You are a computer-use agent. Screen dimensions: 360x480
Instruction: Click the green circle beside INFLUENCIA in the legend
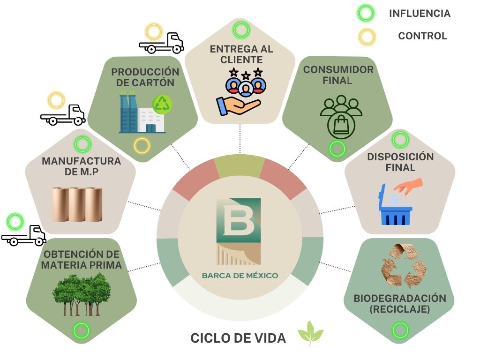coord(366,13)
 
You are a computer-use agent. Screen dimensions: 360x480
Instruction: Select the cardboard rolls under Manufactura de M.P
coord(77,203)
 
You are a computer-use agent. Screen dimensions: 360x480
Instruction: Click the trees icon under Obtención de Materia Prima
coord(81,294)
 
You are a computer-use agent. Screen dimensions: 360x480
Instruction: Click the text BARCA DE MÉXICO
coord(240,275)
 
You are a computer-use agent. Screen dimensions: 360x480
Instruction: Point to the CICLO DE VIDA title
coord(238,338)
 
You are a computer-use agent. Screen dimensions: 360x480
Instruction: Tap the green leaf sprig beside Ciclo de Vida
coord(310,333)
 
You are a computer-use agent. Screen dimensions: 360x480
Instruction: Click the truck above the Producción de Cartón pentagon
coord(161,43)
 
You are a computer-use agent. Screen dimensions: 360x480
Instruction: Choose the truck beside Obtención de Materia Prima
coord(24,236)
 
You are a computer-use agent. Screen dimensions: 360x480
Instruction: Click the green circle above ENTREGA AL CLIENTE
coord(241,30)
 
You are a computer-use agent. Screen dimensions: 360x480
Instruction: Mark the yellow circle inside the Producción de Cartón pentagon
coord(141,145)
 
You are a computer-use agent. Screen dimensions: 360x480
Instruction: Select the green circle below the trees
coord(81,330)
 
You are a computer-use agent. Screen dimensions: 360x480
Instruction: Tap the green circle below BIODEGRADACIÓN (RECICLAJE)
coord(399,330)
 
